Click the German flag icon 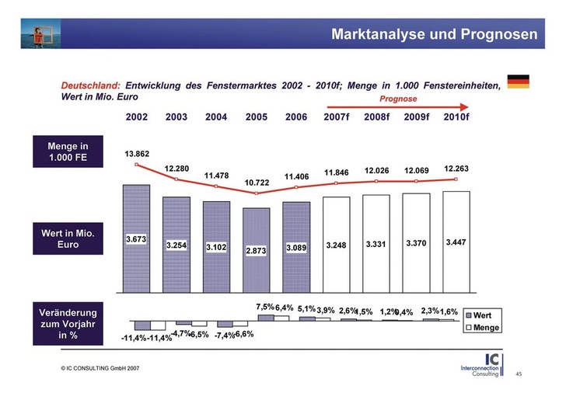518,82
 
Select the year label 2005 256,117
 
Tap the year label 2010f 456,117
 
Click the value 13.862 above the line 137,154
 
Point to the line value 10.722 257,183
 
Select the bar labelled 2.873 257,249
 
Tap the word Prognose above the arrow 398,99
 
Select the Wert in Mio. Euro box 68,238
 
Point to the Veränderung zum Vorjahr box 68,325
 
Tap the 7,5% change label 265,308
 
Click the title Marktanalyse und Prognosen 434,34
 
